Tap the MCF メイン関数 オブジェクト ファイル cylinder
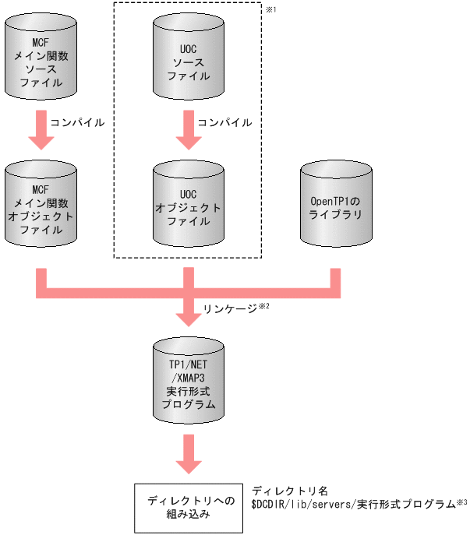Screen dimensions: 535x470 [x=41, y=204]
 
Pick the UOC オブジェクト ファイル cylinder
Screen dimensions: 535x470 [x=188, y=204]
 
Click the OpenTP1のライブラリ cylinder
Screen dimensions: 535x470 [x=335, y=204]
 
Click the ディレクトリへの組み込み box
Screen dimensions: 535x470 [x=188, y=507]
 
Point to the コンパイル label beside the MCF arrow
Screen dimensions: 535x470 [x=76, y=122]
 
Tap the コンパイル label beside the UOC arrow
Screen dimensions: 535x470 [x=224, y=122]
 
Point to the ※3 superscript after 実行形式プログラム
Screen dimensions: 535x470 [x=461, y=502]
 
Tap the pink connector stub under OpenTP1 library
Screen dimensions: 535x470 [x=335, y=282]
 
